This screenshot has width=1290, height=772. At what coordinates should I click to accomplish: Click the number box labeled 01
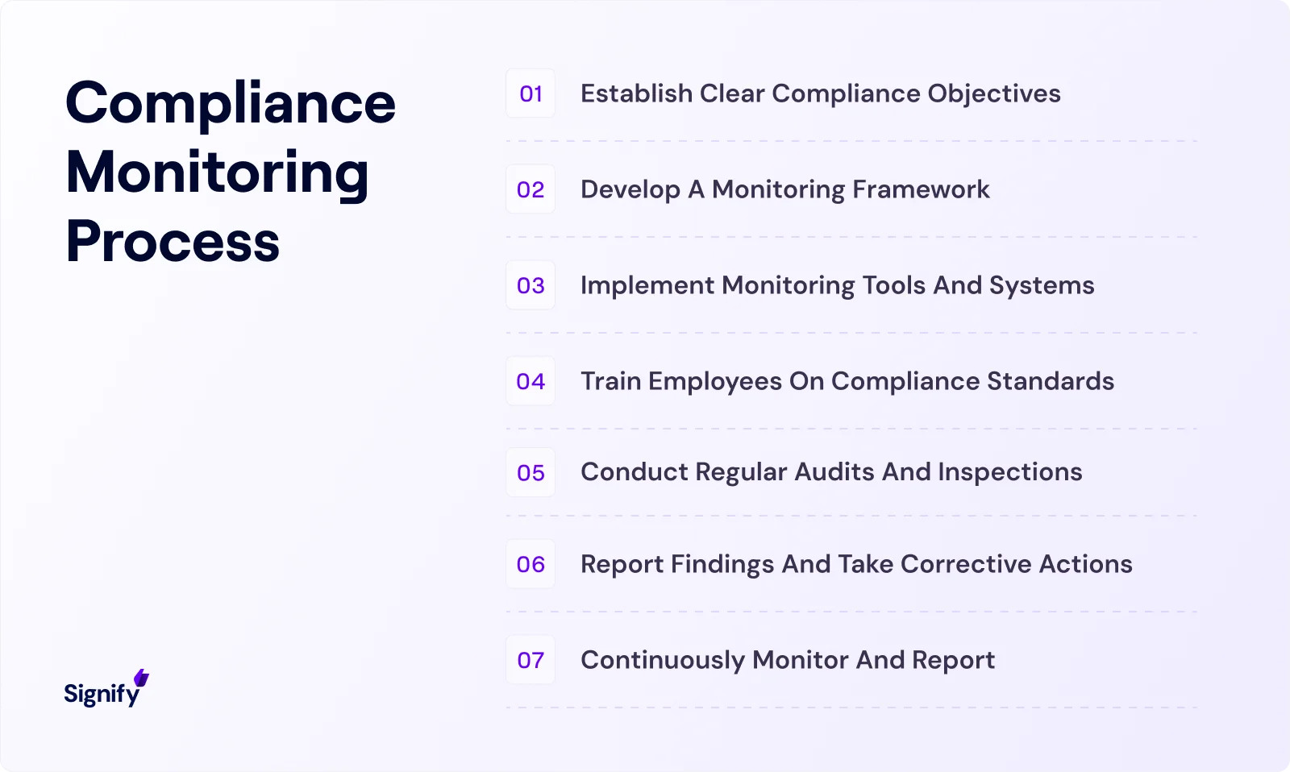tap(531, 93)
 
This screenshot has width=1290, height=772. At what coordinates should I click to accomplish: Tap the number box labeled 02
tap(531, 189)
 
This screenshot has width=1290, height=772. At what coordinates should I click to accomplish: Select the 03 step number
tap(531, 285)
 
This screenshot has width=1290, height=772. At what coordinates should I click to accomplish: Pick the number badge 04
tap(531, 381)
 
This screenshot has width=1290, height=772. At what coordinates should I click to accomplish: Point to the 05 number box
tap(531, 472)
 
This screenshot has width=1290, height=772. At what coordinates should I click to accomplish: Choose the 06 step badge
tap(531, 564)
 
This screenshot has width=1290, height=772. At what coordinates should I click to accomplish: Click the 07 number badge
tap(531, 660)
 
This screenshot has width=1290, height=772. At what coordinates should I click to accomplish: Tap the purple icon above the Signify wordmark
tap(142, 678)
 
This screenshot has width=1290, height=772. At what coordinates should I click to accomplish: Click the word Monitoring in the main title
tap(218, 173)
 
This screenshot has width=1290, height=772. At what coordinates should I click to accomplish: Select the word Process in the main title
tap(173, 242)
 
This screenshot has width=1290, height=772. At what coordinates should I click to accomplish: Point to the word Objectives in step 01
tap(994, 94)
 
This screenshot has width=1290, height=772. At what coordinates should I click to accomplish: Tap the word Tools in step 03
tap(894, 285)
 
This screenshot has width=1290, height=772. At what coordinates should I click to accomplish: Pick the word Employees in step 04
tap(715, 381)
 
